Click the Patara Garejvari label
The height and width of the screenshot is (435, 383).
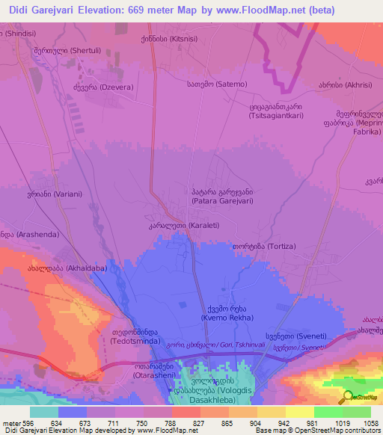pyautogui.click(x=223, y=196)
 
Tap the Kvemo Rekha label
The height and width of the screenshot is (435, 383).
pyautogui.click(x=220, y=313)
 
